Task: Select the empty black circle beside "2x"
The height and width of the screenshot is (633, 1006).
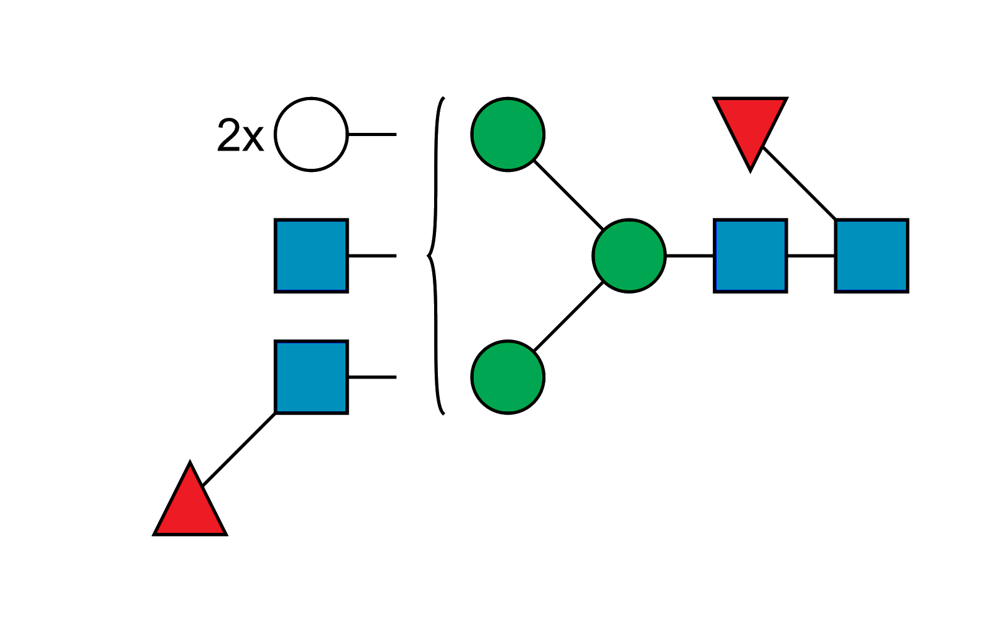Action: (x=311, y=134)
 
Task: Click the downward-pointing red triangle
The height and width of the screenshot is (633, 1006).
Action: (x=750, y=126)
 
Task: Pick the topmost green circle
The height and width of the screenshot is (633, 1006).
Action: (x=508, y=134)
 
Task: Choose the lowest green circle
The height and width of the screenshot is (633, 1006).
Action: (x=508, y=377)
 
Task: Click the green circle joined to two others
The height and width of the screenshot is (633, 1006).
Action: (x=629, y=256)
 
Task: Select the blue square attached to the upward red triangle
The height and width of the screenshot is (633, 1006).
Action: (x=311, y=377)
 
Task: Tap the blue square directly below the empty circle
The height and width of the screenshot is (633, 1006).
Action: (x=311, y=256)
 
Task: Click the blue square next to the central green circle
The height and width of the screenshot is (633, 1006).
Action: (x=751, y=256)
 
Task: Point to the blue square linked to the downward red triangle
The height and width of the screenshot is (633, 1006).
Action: (x=872, y=256)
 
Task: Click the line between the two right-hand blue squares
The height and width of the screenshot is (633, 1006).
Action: (x=811, y=256)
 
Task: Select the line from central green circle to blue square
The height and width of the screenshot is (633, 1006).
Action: (x=690, y=256)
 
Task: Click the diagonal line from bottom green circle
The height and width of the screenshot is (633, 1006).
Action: (x=569, y=317)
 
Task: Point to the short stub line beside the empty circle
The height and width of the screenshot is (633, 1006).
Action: (x=396, y=134)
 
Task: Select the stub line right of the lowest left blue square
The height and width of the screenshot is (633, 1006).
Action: (x=372, y=377)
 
